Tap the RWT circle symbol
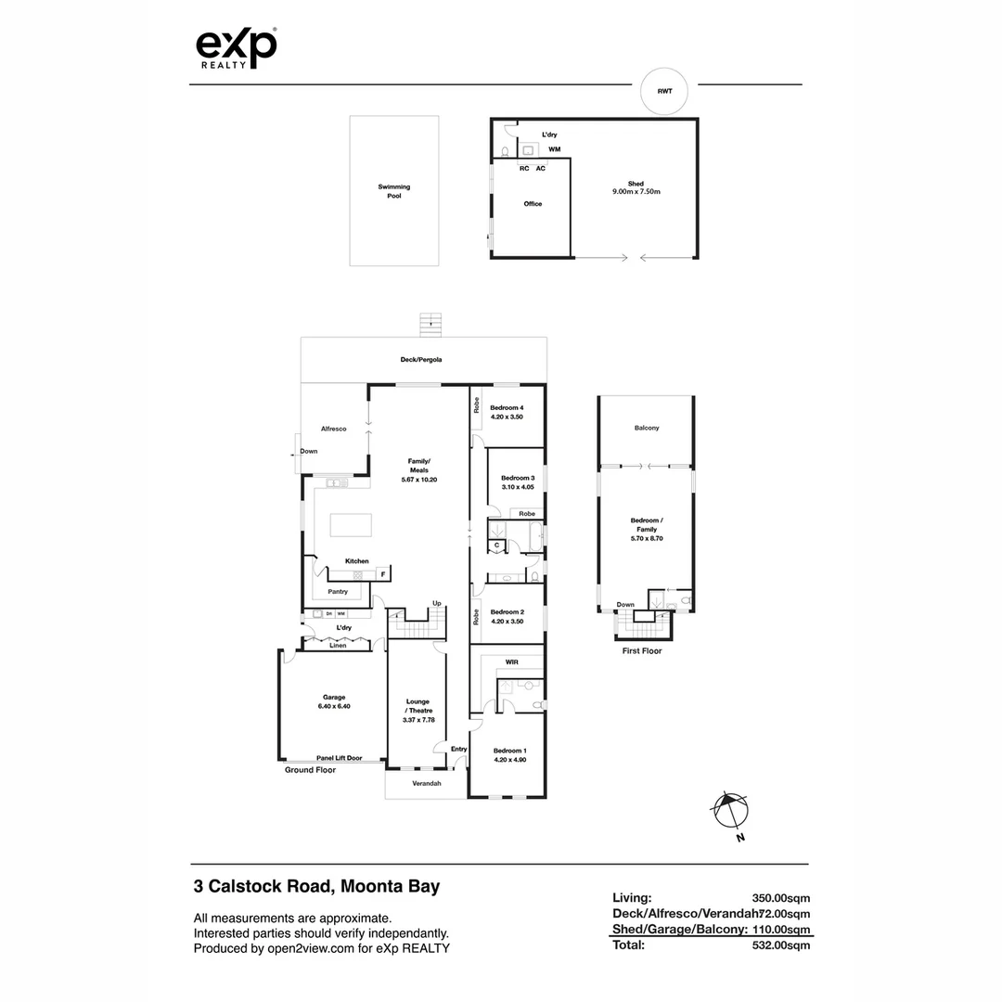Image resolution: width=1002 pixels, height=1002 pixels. coord(664,91)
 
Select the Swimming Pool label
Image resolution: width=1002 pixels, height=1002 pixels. coord(393,191)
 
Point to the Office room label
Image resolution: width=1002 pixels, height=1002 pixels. coord(533,204)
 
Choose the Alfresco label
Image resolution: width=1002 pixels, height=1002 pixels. coord(333,429)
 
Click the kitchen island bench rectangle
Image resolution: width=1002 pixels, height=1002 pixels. coord(351,525)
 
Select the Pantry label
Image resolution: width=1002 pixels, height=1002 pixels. coord(338,591)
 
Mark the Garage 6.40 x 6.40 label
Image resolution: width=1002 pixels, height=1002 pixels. coord(334,701)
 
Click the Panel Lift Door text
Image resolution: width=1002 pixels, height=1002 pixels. coord(339,757)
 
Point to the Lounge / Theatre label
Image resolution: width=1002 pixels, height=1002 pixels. coord(418,710)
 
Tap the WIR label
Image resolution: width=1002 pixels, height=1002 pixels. coord(511,662)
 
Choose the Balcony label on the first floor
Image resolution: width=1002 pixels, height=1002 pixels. coord(647,428)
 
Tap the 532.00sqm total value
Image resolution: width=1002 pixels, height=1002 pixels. coord(781,945)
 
